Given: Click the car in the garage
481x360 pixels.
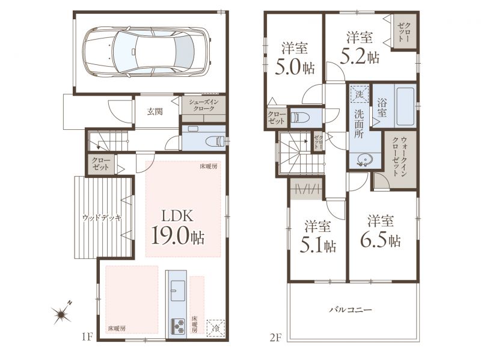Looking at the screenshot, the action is point(147,52).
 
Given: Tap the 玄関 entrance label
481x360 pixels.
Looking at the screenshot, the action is point(155,112).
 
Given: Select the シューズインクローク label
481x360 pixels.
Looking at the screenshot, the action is point(204,106).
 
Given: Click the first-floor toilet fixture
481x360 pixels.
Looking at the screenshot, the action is point(216,141).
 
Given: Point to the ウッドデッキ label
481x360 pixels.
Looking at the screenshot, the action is point(102,218).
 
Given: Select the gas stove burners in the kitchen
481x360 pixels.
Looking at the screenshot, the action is point(177,326).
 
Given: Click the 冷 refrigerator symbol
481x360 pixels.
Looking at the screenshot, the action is point(216,328).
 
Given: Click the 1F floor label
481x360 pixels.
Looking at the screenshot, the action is point(87,337).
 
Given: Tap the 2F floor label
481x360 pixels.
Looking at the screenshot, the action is point(276,338).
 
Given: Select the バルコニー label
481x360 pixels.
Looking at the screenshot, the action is point(351,310).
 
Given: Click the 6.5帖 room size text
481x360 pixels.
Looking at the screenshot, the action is point(381,241).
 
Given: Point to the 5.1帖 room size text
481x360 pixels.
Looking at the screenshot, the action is point(318,246).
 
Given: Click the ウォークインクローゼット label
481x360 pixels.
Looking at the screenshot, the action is point(399,157).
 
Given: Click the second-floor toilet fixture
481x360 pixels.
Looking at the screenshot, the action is point(300,117).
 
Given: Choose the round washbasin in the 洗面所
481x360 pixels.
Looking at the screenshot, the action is point(364,159).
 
